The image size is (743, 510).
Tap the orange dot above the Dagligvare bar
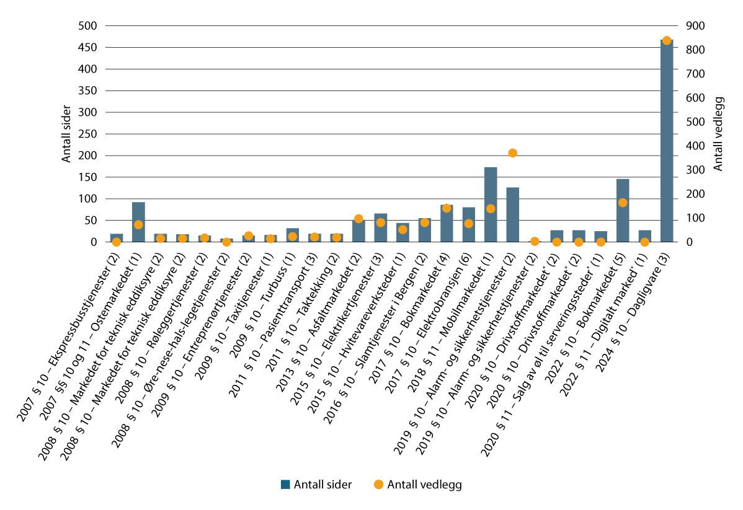pos(667,40)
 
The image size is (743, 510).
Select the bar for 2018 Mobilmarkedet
pos(491,204)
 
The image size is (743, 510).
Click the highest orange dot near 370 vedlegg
pos(512,153)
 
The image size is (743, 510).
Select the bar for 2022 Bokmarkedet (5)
pos(623,211)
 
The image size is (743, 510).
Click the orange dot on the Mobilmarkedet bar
pos(491,208)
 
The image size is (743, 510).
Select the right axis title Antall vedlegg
pos(718,134)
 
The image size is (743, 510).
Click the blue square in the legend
pos(285,485)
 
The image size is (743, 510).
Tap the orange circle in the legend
pos(379,485)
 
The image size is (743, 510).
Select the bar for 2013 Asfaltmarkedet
pos(358,231)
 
